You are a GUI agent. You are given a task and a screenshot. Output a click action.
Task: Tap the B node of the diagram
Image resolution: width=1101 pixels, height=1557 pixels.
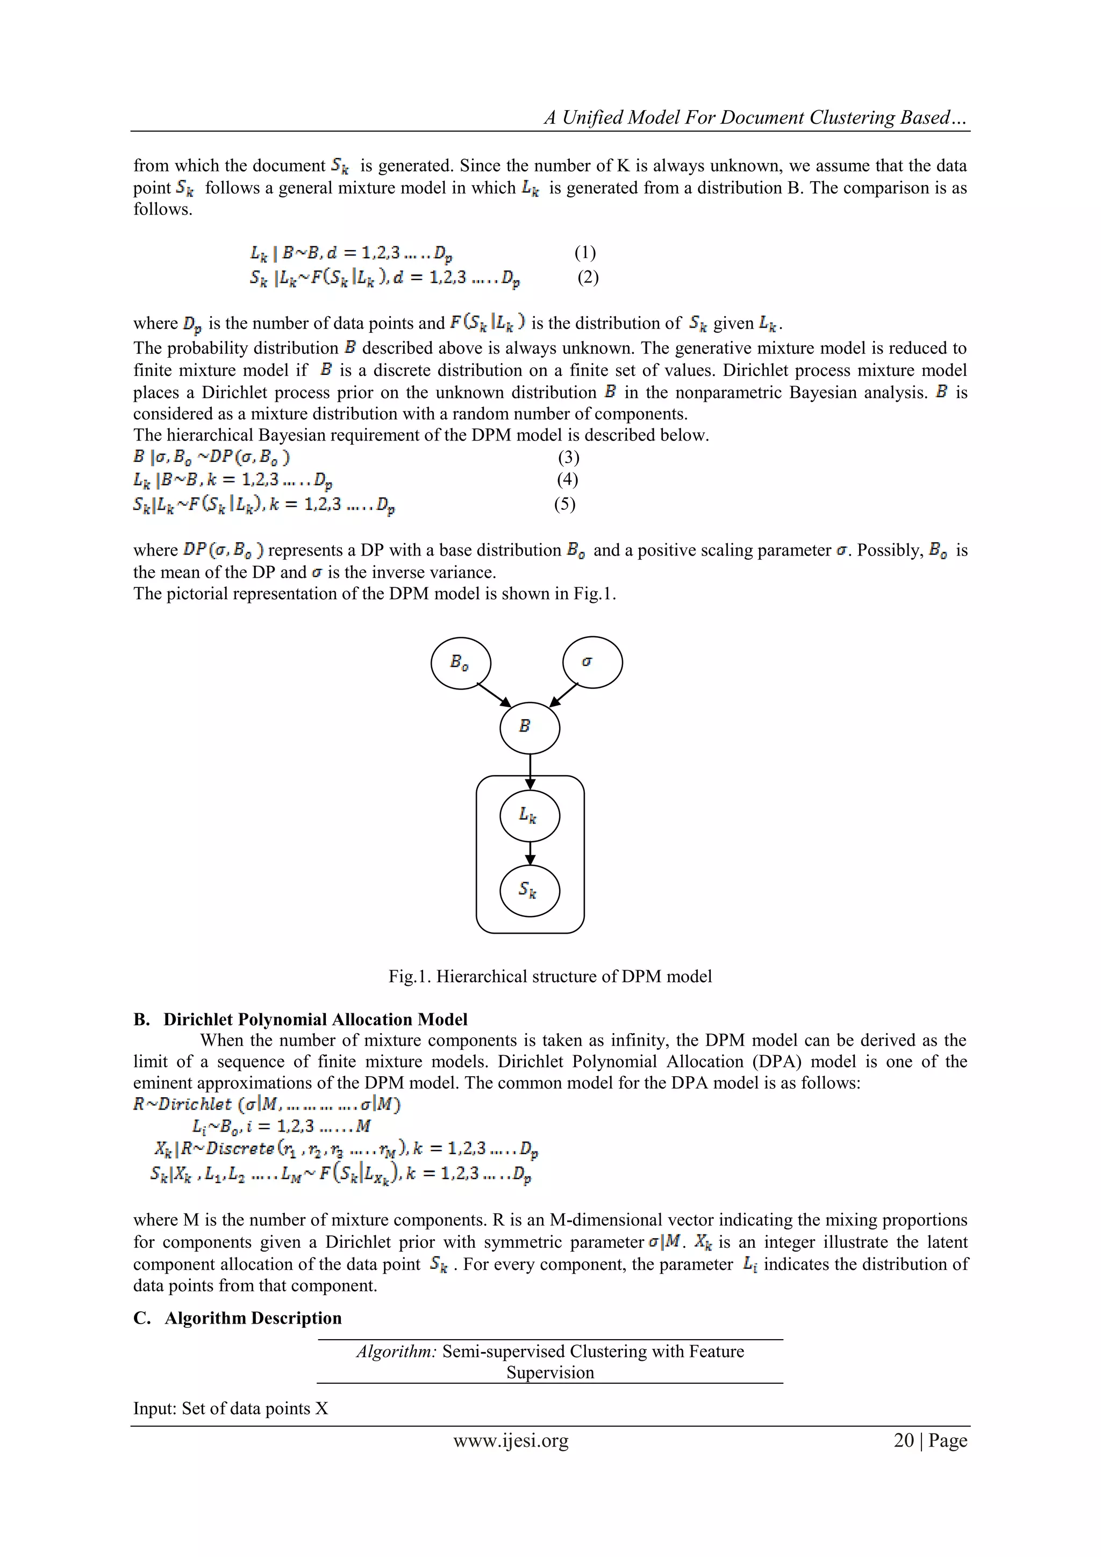[x=530, y=728]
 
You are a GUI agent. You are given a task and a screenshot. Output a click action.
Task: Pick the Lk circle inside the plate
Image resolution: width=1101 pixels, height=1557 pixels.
[x=530, y=816]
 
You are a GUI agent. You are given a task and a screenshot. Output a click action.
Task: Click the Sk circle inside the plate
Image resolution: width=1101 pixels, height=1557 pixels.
[x=530, y=891]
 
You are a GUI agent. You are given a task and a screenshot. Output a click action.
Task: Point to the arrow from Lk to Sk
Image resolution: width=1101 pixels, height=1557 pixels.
[x=530, y=853]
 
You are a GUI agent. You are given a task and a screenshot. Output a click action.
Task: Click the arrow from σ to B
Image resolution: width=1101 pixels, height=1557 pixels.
[x=563, y=694]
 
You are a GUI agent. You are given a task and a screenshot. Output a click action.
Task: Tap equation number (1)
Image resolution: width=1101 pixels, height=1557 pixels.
[x=585, y=253]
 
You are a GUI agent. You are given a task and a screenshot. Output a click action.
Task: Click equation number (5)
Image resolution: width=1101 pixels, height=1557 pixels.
[x=564, y=504]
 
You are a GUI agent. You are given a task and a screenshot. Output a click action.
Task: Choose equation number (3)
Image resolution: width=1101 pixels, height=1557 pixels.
[x=568, y=457]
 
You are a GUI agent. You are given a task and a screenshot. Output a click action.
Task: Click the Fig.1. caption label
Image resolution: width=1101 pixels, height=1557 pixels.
[x=410, y=977]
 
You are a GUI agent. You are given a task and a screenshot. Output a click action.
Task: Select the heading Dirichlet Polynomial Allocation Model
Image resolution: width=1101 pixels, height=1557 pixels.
[x=315, y=1019]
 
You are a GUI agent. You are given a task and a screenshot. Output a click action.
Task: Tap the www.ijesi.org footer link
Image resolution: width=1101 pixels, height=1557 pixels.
[x=511, y=1440]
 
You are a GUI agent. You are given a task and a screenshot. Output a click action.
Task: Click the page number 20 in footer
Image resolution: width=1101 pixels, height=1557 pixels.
[x=904, y=1440]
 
